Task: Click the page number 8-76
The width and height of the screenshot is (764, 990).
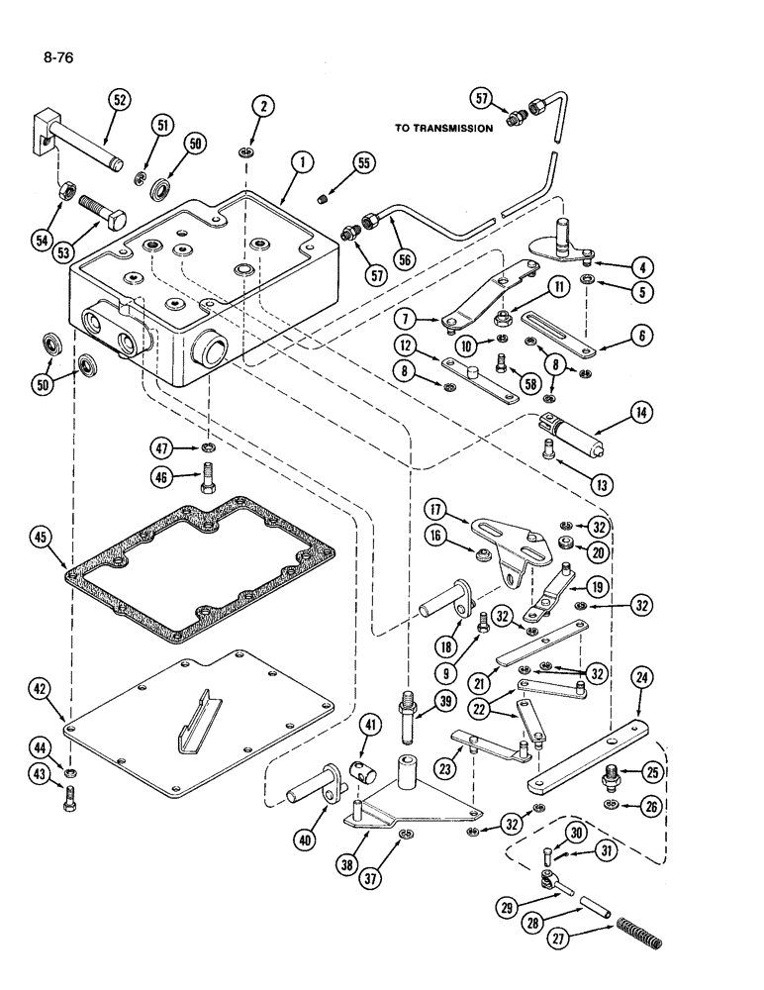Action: [58, 57]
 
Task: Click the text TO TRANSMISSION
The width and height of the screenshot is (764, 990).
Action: [443, 128]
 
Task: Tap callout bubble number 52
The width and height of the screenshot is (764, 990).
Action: [119, 101]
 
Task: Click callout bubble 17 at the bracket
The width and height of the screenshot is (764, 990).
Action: [433, 511]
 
